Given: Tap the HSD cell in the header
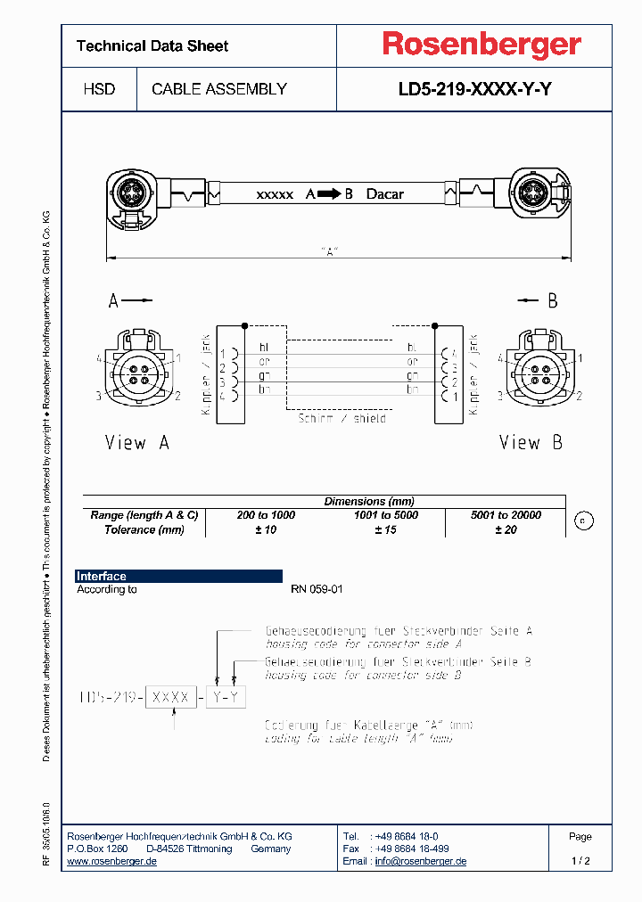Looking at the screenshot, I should pyautogui.click(x=99, y=89).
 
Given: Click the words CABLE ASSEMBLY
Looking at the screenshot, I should pyautogui.click(x=219, y=89).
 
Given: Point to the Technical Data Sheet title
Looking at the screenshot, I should pyautogui.click(x=152, y=45).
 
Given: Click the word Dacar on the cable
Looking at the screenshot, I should pyautogui.click(x=385, y=193).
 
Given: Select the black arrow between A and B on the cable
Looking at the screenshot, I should pyautogui.click(x=329, y=193).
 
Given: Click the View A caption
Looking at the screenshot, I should pyautogui.click(x=136, y=443).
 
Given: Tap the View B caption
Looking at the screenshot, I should pyautogui.click(x=531, y=443).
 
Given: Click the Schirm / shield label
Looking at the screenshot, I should pyautogui.click(x=342, y=418).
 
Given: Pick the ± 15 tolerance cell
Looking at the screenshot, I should pyautogui.click(x=385, y=529).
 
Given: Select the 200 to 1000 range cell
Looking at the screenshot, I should pyautogui.click(x=266, y=515).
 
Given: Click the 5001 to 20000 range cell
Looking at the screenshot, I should pyautogui.click(x=506, y=515).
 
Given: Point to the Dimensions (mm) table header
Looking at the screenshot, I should pyautogui.click(x=369, y=502).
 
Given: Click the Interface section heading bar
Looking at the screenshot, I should pyautogui.click(x=178, y=577).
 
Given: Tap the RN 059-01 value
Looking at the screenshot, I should pyautogui.click(x=317, y=590).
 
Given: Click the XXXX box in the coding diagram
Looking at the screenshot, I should pyautogui.click(x=170, y=698).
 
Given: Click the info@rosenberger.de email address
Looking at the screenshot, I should pyautogui.click(x=420, y=861).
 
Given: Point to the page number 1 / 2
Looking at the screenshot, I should pyautogui.click(x=580, y=861).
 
